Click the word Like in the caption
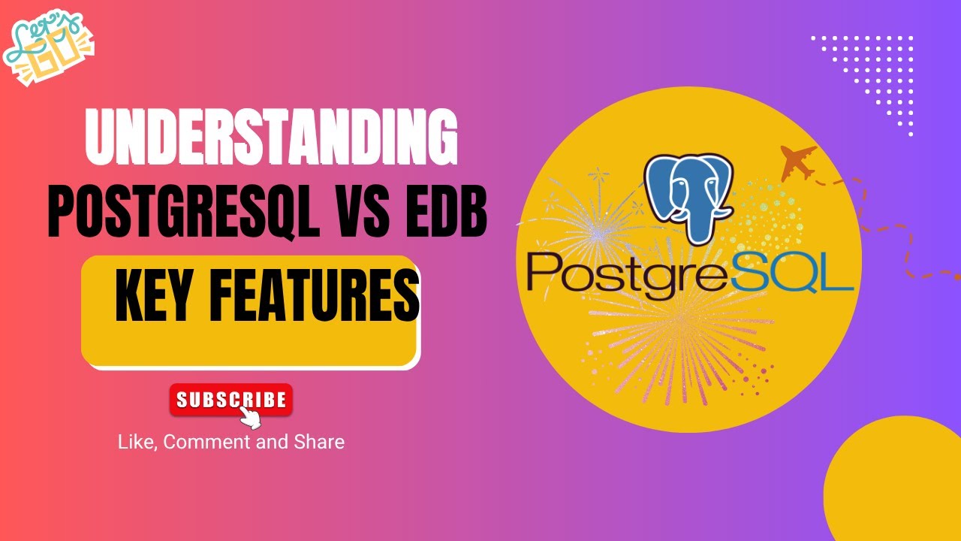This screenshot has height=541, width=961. [134, 442]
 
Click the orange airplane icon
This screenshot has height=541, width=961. [798, 162]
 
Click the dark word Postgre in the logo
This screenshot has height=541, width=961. [631, 274]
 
